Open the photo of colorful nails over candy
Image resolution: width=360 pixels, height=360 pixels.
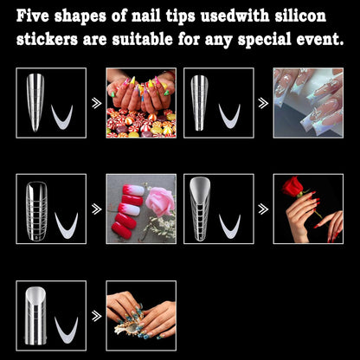click(140, 103)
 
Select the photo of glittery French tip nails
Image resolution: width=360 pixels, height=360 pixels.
click(308, 103)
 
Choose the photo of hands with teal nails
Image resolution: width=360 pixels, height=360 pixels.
click(140, 314)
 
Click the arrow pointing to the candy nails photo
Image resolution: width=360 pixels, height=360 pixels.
click(95, 103)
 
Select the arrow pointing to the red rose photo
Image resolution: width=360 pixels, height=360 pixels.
click(263, 209)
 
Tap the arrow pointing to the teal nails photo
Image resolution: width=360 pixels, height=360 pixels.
click(95, 314)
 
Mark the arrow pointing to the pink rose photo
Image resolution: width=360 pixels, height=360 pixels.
click(95, 209)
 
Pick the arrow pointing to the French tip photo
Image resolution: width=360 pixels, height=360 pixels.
click(263, 103)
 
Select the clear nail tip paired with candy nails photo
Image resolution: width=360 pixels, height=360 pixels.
click(35, 101)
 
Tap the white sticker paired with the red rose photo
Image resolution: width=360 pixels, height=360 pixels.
click(231, 226)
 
